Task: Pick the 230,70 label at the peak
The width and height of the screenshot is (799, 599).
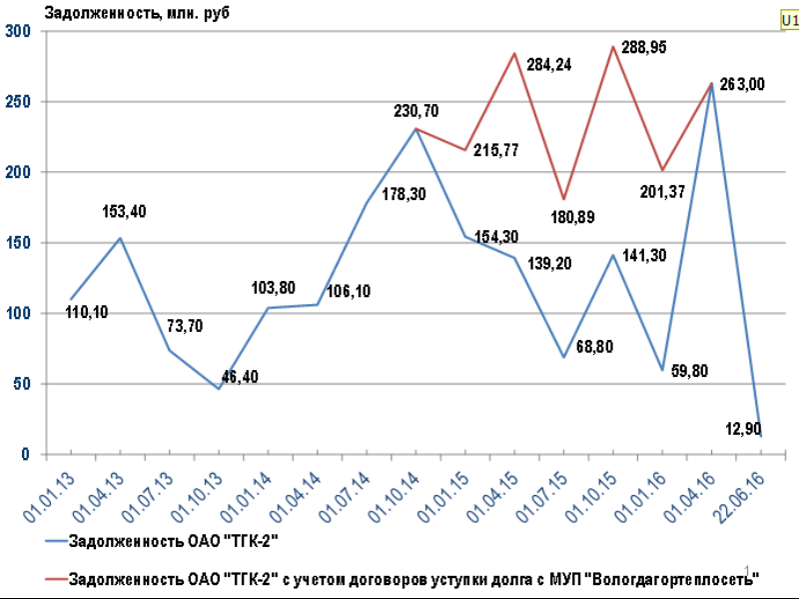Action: [417, 110]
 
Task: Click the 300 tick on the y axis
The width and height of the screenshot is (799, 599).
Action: [19, 31]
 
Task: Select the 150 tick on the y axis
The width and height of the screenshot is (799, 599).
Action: [19, 243]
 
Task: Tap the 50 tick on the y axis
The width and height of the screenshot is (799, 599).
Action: [23, 384]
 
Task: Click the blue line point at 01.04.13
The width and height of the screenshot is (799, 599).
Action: [121, 238]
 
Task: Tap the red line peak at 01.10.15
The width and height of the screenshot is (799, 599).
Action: [612, 47]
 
